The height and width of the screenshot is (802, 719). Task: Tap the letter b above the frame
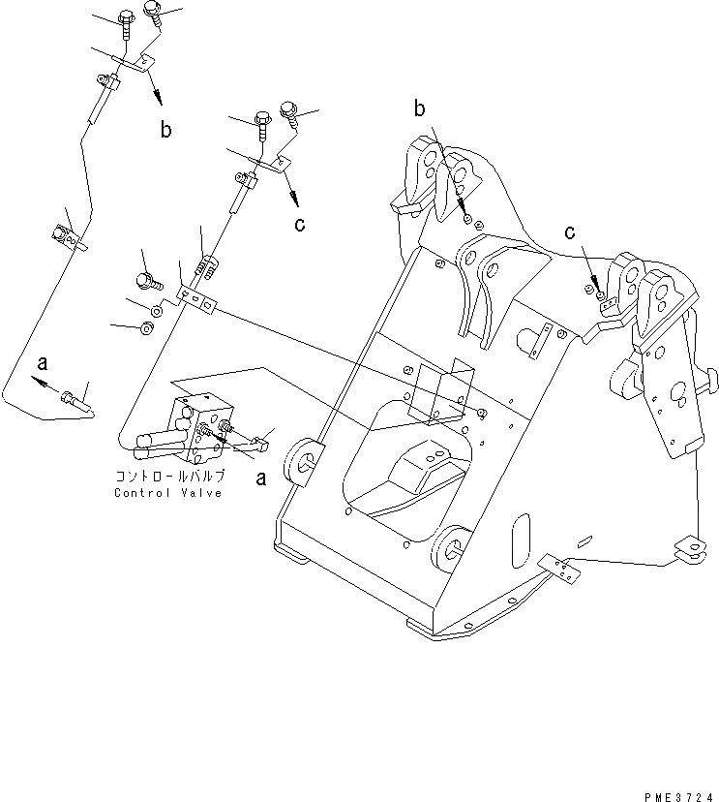pos(419,108)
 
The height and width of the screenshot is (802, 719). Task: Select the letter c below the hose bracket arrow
pos(300,225)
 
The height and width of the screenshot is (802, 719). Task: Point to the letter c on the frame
pos(571,232)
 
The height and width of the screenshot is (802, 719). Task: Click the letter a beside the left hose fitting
pos(42,363)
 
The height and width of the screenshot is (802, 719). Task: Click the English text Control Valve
pos(167,493)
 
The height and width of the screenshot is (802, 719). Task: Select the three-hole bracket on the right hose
pos(197,299)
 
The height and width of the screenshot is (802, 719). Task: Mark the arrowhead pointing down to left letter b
pos(158,101)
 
